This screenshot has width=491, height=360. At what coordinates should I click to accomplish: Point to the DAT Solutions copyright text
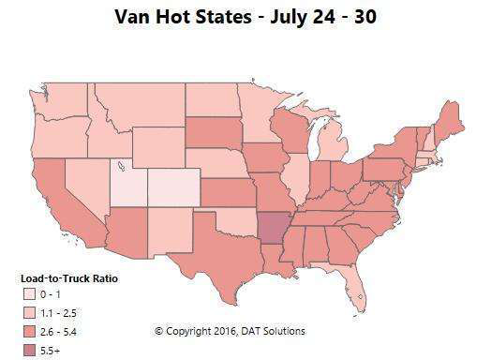(230, 331)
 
